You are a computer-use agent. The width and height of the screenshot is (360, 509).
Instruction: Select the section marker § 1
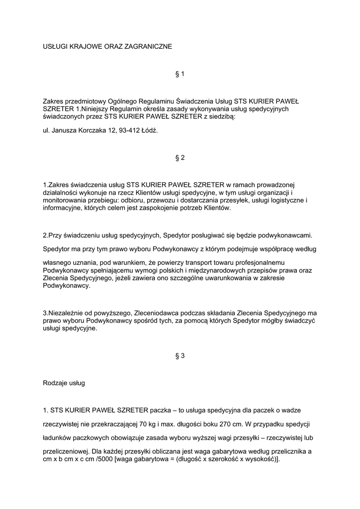pyautogui.click(x=180, y=74)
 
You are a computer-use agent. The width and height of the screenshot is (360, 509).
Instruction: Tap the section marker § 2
pyautogui.click(x=180, y=158)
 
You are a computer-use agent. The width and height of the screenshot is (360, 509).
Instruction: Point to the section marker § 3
pyautogui.click(x=180, y=356)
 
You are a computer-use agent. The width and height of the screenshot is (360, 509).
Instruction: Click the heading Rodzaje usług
pyautogui.click(x=64, y=383)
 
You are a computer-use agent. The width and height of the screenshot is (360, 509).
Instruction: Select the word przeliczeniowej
pyautogui.click(x=66, y=452)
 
